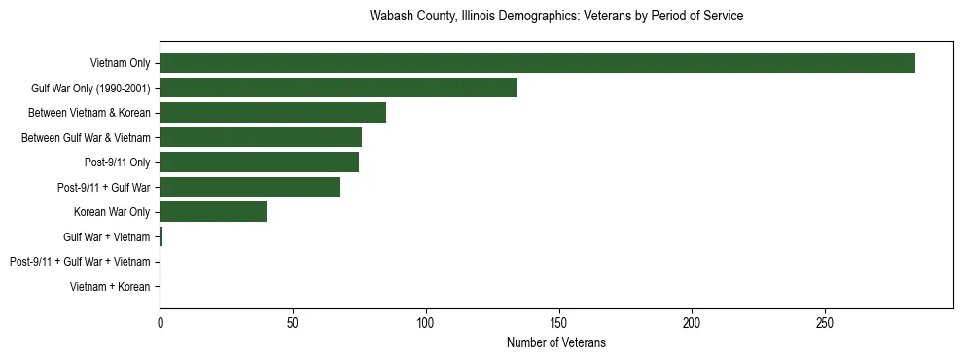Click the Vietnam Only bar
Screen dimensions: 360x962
tap(537, 62)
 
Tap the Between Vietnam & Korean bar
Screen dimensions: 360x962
tap(272, 113)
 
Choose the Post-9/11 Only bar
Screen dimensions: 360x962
tap(259, 162)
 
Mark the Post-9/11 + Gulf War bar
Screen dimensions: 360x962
tap(250, 187)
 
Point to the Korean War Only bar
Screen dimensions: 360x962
tap(213, 211)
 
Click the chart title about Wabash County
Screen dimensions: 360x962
tap(556, 17)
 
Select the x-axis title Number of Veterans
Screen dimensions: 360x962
tap(556, 342)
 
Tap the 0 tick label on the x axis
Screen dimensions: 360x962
tap(160, 322)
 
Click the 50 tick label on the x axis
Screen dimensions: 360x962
tap(293, 322)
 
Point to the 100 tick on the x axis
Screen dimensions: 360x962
tap(426, 322)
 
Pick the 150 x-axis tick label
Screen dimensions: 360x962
tap(558, 322)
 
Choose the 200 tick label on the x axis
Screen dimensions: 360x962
tap(692, 322)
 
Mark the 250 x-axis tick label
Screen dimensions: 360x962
tap(825, 322)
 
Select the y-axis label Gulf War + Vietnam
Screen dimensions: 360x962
tap(106, 236)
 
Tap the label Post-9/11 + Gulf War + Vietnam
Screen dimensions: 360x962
tap(80, 262)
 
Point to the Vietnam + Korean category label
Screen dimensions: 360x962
tap(110, 286)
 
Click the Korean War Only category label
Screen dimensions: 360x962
tap(112, 212)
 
